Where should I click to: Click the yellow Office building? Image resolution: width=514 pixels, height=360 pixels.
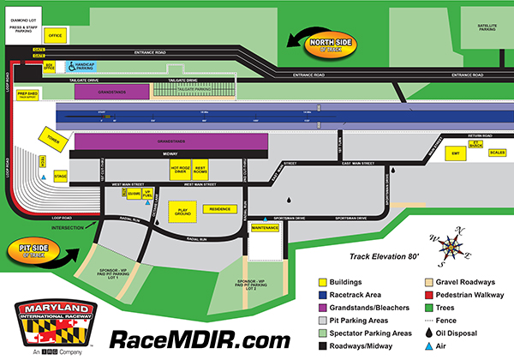coord(56,36)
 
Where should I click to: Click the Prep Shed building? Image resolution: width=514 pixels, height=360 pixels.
coord(27,94)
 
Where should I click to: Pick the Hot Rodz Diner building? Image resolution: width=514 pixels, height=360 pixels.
coord(179,170)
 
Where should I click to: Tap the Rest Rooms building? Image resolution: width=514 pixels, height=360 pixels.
coord(201,170)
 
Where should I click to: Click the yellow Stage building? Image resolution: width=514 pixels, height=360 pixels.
coord(60,176)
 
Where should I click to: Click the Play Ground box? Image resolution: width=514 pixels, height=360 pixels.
coord(182,210)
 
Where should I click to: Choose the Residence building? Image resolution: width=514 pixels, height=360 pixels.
coord(220,208)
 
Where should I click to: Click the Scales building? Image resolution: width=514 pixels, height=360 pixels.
coord(497,154)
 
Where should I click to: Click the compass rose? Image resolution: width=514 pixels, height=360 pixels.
coord(451,247)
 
